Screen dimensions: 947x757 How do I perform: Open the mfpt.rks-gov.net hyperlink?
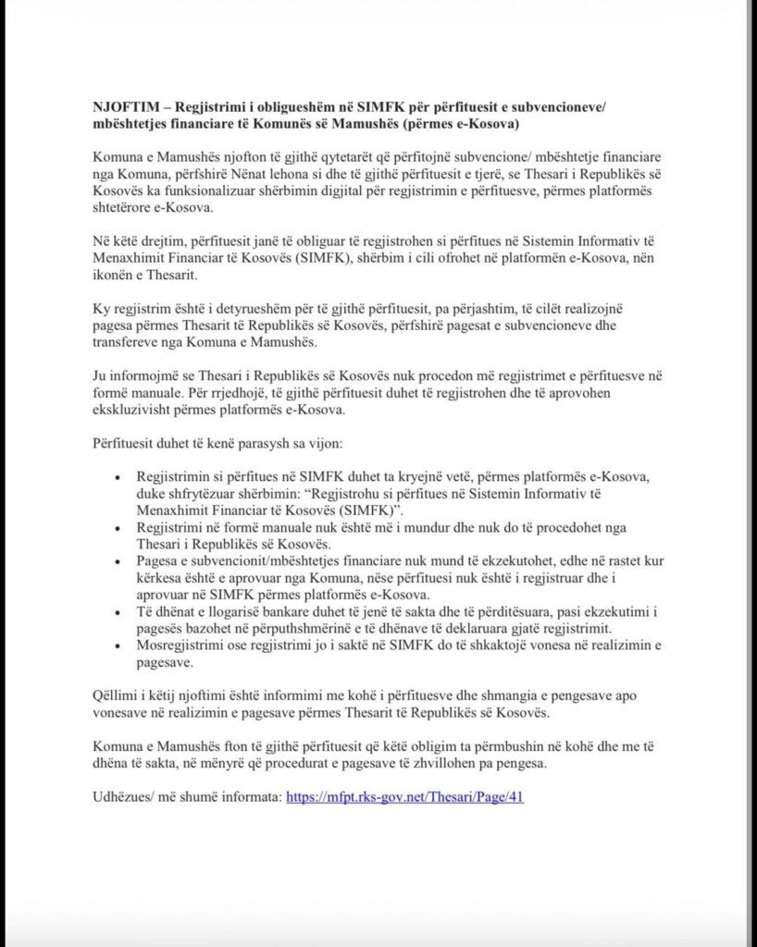pyautogui.click(x=405, y=796)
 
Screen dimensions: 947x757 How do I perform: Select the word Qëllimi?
pyautogui.click(x=116, y=695)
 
